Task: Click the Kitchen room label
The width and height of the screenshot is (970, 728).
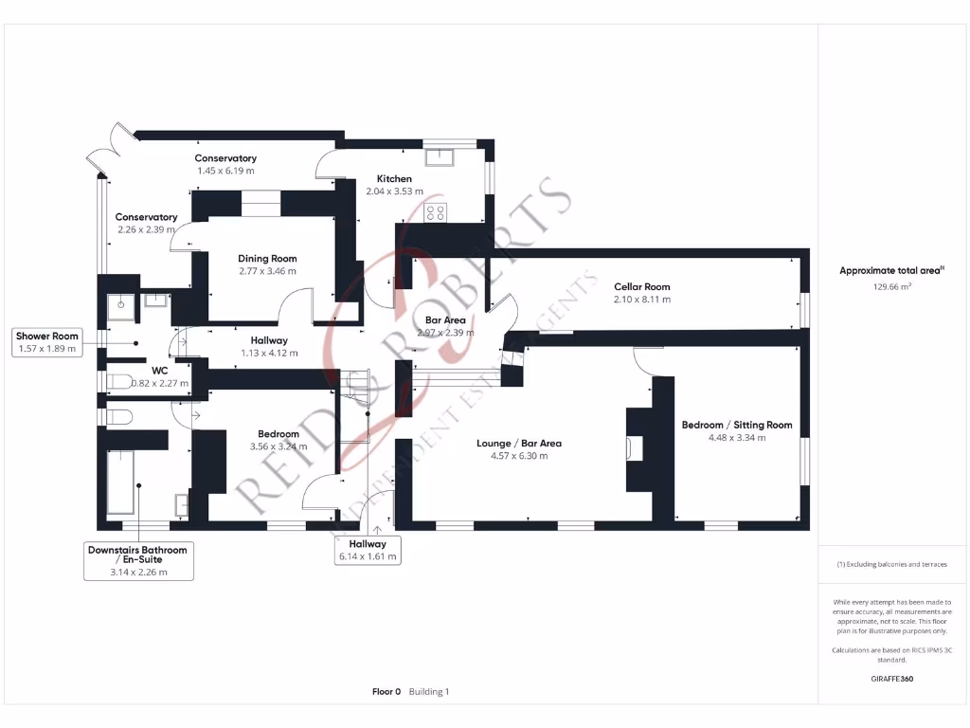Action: [x=394, y=178]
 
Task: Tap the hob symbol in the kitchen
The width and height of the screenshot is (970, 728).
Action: [x=437, y=213]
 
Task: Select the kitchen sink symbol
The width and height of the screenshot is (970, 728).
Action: [x=441, y=158]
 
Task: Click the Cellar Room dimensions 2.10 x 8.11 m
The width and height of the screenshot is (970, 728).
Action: [x=642, y=300]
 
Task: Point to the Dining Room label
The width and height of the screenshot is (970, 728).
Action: [x=267, y=258]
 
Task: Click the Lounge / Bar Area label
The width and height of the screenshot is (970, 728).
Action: [x=518, y=443]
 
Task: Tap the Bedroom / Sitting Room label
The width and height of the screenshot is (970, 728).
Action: [x=737, y=425]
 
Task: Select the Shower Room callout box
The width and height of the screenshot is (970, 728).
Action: [x=46, y=342]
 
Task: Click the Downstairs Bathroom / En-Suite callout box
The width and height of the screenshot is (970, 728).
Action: [x=137, y=560]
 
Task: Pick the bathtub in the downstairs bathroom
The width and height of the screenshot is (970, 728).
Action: [x=121, y=483]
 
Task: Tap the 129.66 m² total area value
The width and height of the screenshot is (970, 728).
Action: [x=891, y=285]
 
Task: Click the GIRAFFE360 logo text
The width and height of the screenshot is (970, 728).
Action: [x=891, y=679]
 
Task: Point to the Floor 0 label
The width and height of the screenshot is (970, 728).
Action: [x=386, y=692]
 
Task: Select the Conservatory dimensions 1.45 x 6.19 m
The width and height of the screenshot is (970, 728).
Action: [x=225, y=171]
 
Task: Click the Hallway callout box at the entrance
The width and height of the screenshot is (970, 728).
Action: [x=368, y=551]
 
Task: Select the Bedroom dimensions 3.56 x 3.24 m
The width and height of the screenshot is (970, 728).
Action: [x=278, y=446]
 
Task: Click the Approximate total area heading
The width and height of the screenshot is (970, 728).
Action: [x=891, y=271]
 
